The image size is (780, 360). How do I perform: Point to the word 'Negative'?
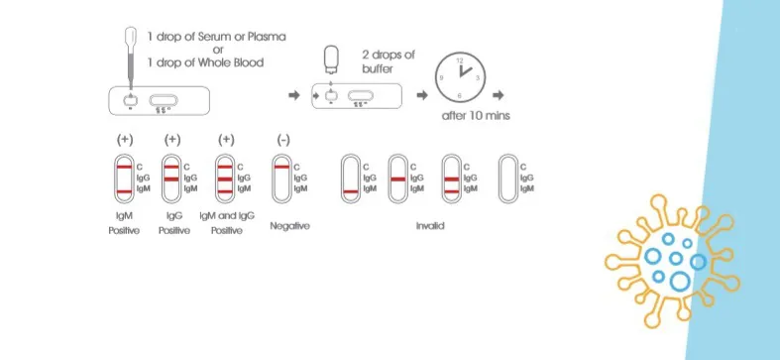[x=289, y=226]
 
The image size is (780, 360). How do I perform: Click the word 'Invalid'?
[x=429, y=226]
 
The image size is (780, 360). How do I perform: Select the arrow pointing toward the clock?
[x=421, y=95]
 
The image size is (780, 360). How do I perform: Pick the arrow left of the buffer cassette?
[x=293, y=95]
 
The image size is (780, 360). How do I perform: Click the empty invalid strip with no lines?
[x=507, y=179]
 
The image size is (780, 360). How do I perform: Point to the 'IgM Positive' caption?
[x=125, y=221]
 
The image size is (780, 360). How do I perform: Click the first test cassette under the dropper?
[x=160, y=100]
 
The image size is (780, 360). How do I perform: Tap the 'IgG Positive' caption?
[x=174, y=221]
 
